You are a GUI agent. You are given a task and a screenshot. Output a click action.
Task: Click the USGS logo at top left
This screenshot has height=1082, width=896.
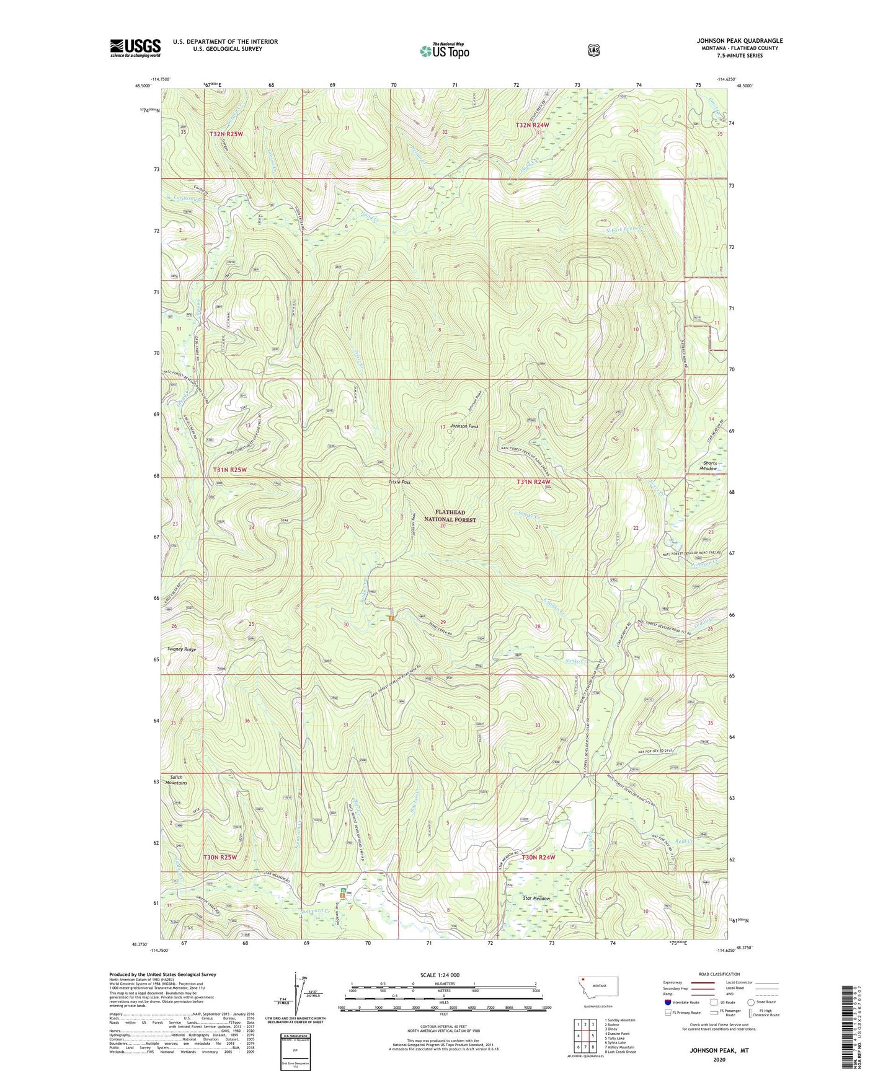pyautogui.click(x=135, y=48)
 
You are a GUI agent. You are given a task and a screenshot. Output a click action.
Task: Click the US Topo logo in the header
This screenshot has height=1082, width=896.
pyautogui.click(x=444, y=51)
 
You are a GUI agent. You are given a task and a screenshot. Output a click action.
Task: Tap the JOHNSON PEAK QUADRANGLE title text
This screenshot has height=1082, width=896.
pyautogui.click(x=739, y=41)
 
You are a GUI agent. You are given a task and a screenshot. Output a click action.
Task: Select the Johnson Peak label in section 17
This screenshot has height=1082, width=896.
pyautogui.click(x=464, y=426)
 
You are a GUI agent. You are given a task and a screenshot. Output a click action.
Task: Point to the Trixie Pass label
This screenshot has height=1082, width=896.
pyautogui.click(x=399, y=482)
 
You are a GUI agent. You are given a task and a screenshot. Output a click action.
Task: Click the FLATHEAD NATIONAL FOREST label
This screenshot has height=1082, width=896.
pyautogui.click(x=450, y=516)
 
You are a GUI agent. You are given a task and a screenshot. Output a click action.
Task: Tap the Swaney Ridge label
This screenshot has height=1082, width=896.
pyautogui.click(x=182, y=649)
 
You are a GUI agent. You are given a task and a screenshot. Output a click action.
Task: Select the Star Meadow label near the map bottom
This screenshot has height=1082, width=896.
pyautogui.click(x=536, y=898)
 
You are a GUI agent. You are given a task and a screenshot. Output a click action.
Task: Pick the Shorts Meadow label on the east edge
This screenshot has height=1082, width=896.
pyautogui.click(x=709, y=465)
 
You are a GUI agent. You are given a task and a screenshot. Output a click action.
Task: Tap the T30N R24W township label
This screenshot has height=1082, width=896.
pyautogui.click(x=538, y=857)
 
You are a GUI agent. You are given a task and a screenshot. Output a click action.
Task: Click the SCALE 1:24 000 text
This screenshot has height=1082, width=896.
pyautogui.click(x=440, y=975)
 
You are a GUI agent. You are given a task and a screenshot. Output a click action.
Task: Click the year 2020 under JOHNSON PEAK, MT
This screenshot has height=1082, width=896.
pyautogui.click(x=719, y=1059)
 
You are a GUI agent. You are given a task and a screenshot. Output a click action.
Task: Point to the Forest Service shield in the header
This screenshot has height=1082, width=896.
pyautogui.click(x=593, y=50)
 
